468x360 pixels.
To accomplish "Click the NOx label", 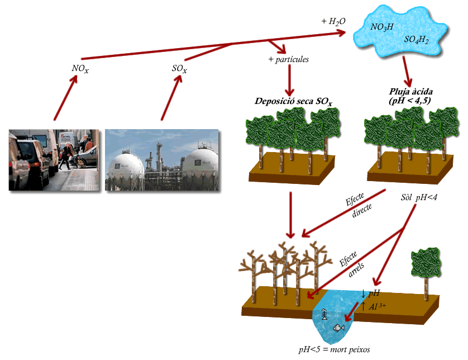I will [80, 69].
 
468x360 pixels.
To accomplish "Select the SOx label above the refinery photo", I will [179, 69].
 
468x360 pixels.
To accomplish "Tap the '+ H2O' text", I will [333, 21].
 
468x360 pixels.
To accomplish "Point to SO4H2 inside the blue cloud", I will [417, 40].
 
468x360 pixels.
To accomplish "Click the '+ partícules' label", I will [289, 59].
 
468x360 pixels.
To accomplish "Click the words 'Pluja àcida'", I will [410, 91].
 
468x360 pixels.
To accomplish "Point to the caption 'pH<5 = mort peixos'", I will [334, 349].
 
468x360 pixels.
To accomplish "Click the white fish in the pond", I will [338, 328].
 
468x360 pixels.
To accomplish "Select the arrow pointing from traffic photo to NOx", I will [65, 97].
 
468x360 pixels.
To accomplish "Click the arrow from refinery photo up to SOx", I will [170, 97].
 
